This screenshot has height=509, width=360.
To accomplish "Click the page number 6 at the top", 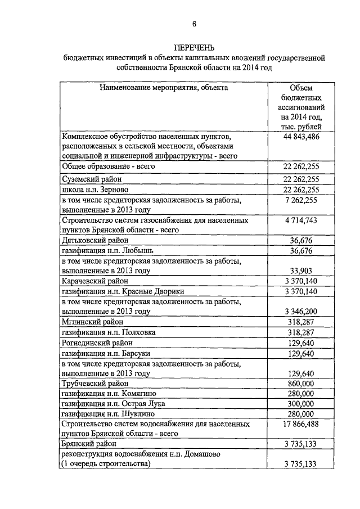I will pyautogui.click(x=194, y=24).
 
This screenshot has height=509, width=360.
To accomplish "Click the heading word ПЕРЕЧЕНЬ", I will pyautogui.click(x=194, y=47).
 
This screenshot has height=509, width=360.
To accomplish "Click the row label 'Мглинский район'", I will pyautogui.click(x=90, y=322).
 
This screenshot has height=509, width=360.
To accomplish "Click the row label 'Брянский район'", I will pyautogui.click(x=88, y=444).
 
